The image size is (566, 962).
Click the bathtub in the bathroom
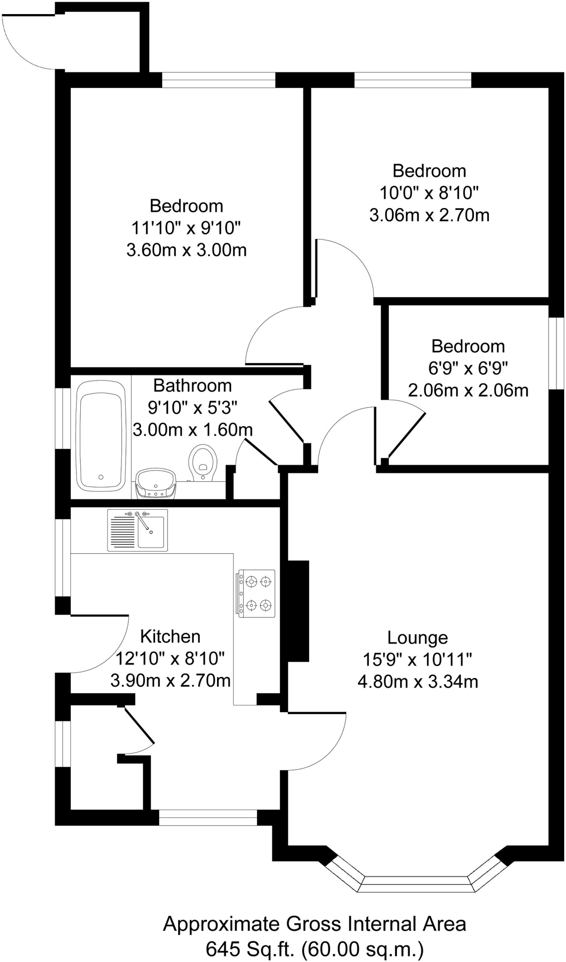click(101, 435)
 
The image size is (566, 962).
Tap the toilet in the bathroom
click(203, 463)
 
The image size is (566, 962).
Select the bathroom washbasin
click(156, 483)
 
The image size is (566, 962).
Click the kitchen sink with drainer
click(138, 530)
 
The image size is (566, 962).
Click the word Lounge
click(418, 637)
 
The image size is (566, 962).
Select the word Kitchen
click(170, 636)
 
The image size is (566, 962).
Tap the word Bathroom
click(193, 386)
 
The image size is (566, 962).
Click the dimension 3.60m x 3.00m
click(186, 250)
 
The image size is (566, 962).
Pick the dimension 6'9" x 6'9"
click(468, 368)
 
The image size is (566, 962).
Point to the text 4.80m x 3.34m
click(418, 682)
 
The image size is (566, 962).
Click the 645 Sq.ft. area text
click(314, 949)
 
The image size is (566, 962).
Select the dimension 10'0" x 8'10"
click(429, 193)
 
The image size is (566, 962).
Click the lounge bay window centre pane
click(416, 884)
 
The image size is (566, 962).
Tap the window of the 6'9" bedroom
click(557, 353)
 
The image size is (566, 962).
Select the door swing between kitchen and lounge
click(324, 742)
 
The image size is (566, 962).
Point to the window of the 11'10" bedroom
click(218, 80)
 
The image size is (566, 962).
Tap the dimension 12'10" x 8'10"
click(170, 659)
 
